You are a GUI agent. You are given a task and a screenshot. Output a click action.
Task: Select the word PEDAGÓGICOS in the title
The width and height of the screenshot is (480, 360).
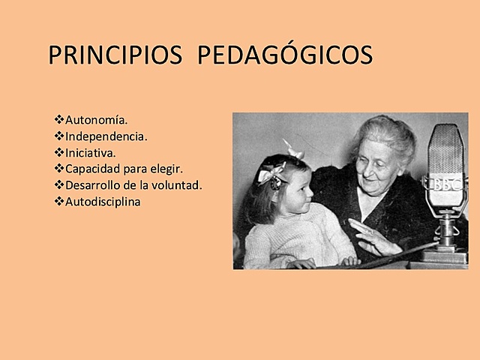[x=286, y=56]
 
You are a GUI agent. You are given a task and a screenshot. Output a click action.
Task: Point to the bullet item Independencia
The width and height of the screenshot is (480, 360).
[x=106, y=136]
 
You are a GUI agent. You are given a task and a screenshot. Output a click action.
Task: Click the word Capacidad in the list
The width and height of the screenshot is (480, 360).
[x=91, y=169]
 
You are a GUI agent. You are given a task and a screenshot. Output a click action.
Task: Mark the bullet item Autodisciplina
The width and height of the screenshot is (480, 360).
[x=103, y=202]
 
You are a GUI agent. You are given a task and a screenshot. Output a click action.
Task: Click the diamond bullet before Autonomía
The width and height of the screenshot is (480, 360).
[x=59, y=120]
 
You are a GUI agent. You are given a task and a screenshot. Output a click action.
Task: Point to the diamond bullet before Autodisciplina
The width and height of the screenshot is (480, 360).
[x=59, y=202]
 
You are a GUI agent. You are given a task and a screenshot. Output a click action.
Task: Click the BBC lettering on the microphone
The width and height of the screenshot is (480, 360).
[x=444, y=184]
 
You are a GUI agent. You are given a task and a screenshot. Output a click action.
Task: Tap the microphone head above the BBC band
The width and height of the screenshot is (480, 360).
[x=445, y=150]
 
